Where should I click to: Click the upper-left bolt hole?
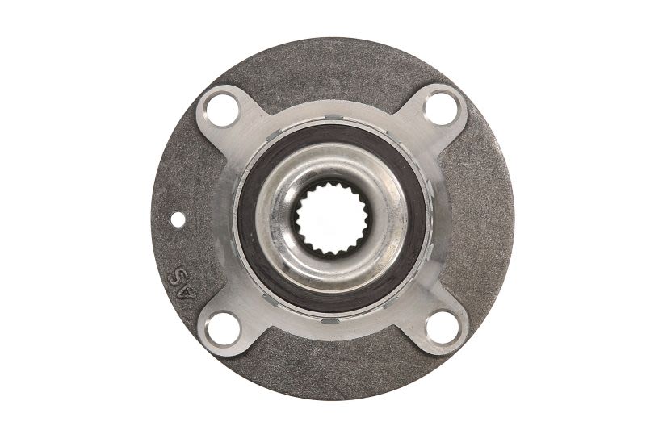point(222,111)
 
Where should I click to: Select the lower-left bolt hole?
point(224,329)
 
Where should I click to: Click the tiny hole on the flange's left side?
point(178,219)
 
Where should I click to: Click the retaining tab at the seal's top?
point(334,117)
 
